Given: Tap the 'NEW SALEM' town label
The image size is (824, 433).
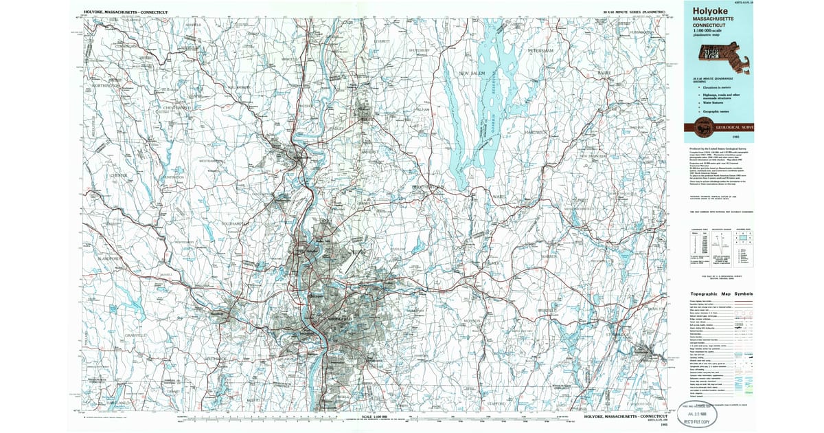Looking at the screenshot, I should pyautogui.click(x=472, y=73).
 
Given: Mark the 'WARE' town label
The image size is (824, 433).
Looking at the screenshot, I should pyautogui.click(x=499, y=197).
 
